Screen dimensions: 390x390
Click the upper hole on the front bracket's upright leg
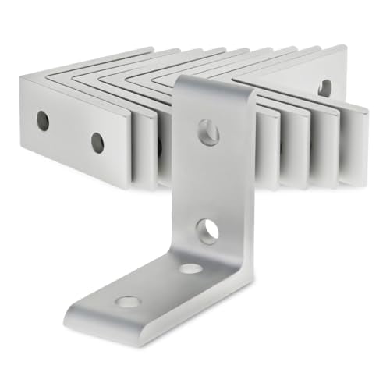tap(208, 133)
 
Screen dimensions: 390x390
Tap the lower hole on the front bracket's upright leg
tap(207, 231)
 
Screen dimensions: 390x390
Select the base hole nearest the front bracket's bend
tap(190, 268)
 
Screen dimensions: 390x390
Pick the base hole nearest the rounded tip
tap(127, 301)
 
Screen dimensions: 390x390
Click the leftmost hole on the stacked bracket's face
tap(43, 120)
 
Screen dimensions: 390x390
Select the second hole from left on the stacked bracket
tap(97, 142)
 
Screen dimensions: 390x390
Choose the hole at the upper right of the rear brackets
tap(324, 88)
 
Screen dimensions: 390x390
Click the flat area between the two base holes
tap(160, 285)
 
